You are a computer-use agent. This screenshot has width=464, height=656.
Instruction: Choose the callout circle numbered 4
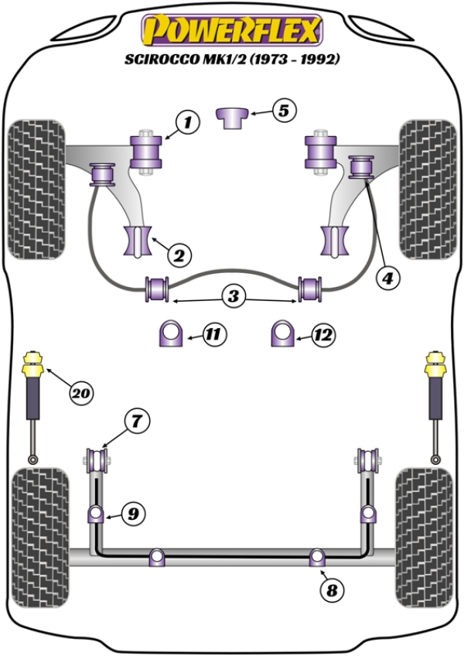389,275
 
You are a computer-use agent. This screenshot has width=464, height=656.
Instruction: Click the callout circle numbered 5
283,111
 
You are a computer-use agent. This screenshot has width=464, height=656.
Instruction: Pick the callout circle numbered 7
135,422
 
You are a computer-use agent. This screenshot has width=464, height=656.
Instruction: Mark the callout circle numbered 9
133,512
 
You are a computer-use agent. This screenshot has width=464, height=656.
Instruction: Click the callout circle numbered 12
322,335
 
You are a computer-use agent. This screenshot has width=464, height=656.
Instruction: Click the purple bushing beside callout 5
231,117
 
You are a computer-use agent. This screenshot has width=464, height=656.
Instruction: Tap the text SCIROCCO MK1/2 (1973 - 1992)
231,60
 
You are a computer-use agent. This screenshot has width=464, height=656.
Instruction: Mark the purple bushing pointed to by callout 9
94,512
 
